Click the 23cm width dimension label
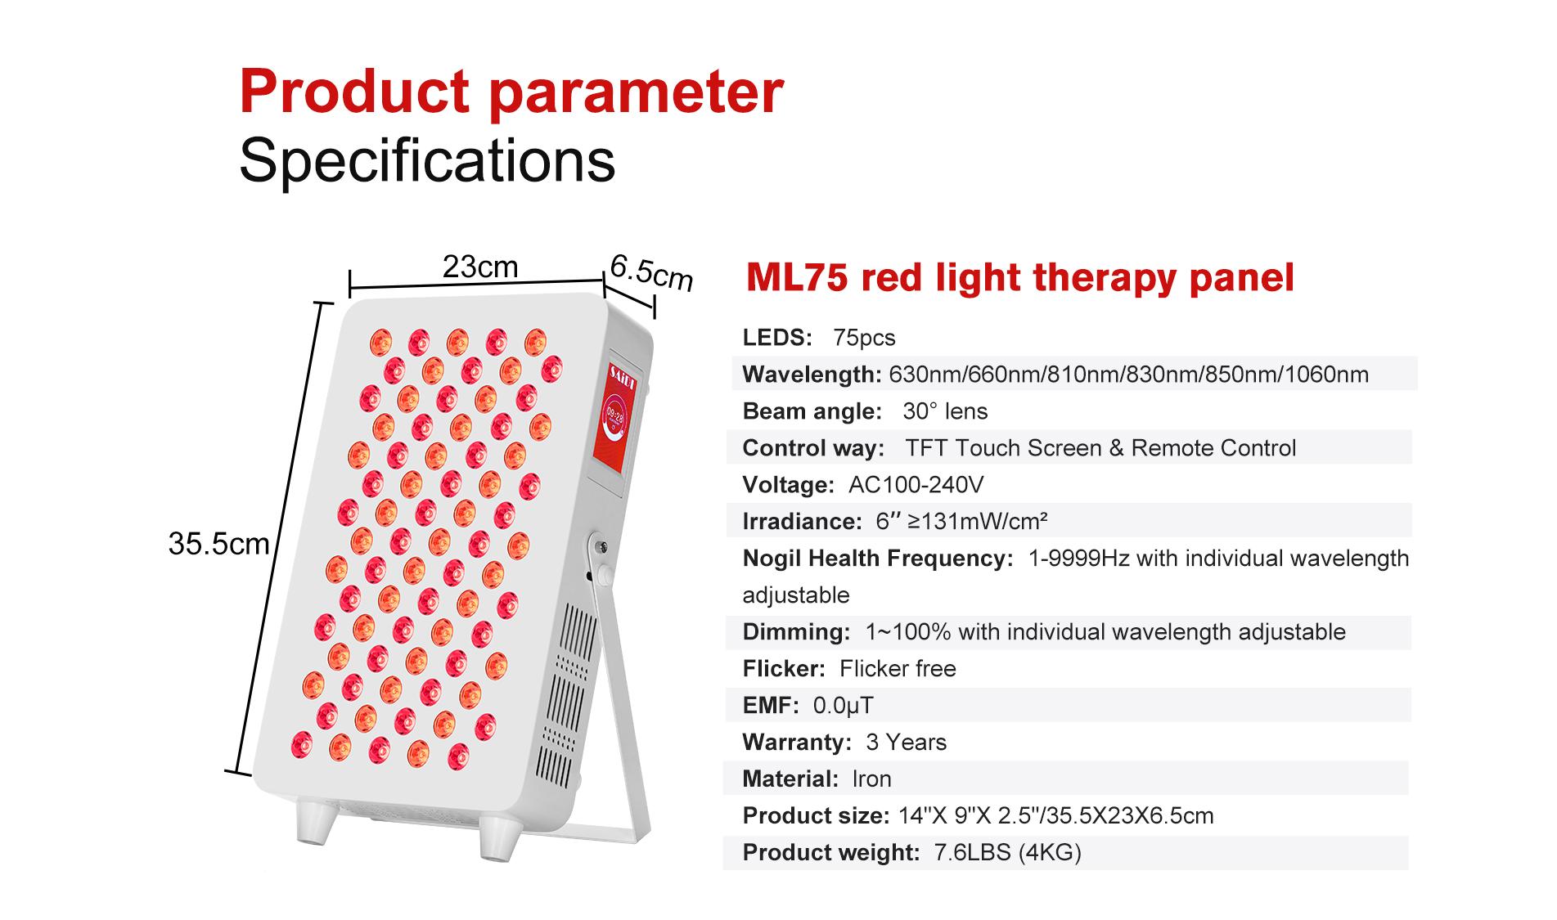pyautogui.click(x=480, y=267)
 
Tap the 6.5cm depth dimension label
pyautogui.click(x=652, y=272)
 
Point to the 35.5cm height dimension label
pyautogui.click(x=218, y=544)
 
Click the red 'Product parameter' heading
pyautogui.click(x=511, y=92)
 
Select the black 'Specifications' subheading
pyautogui.click(x=427, y=161)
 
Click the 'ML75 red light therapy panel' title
pyautogui.click(x=1019, y=277)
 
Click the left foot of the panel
pyautogui.click(x=316, y=821)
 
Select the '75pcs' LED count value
pyautogui.click(x=864, y=338)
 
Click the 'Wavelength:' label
pyautogui.click(x=812, y=375)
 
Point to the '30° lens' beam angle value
pyautogui.click(x=945, y=411)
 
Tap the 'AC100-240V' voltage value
pyautogui.click(x=916, y=485)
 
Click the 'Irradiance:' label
pyautogui.click(x=802, y=522)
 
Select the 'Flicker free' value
pyautogui.click(x=898, y=669)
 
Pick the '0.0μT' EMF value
pyautogui.click(x=843, y=706)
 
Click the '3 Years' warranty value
pyautogui.click(x=906, y=743)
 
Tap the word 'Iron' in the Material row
pyautogui.click(x=871, y=779)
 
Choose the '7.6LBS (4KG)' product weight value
pyautogui.click(x=1007, y=853)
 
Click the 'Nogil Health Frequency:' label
pyautogui.click(x=878, y=559)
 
